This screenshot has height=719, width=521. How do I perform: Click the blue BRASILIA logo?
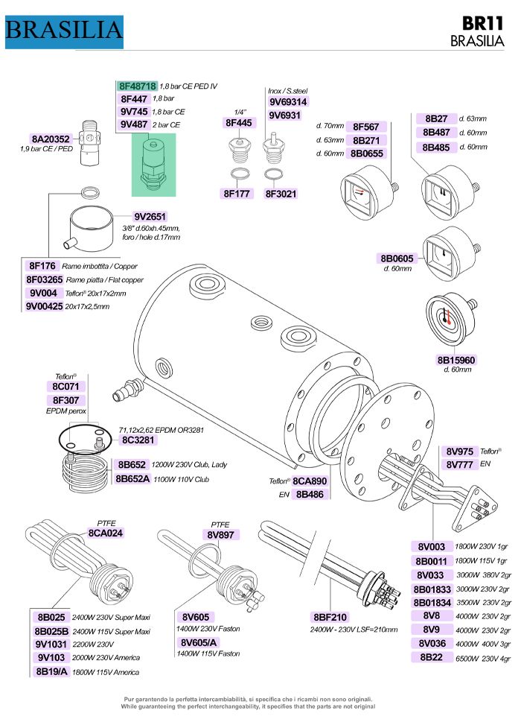(x=64, y=30)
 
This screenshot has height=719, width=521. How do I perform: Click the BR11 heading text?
(x=487, y=24)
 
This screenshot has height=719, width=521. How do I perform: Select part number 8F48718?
(x=138, y=86)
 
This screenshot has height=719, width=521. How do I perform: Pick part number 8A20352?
(x=51, y=139)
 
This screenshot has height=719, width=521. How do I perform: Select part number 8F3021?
(x=281, y=194)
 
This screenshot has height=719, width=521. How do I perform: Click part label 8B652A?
(x=133, y=478)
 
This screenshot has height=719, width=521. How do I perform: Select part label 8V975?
(x=459, y=452)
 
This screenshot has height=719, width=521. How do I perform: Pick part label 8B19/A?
(x=51, y=671)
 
